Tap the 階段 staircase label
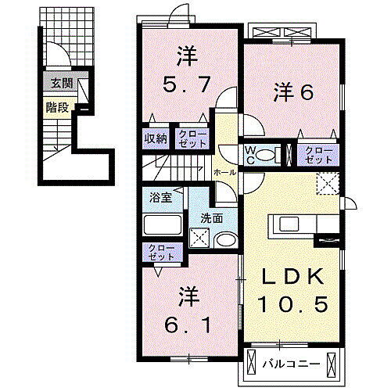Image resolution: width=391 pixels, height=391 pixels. click(56, 108)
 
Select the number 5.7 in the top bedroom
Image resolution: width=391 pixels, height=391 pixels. click(185, 83)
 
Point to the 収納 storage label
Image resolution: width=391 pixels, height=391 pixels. click(154, 139)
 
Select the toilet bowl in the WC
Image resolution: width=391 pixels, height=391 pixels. click(270, 154)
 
